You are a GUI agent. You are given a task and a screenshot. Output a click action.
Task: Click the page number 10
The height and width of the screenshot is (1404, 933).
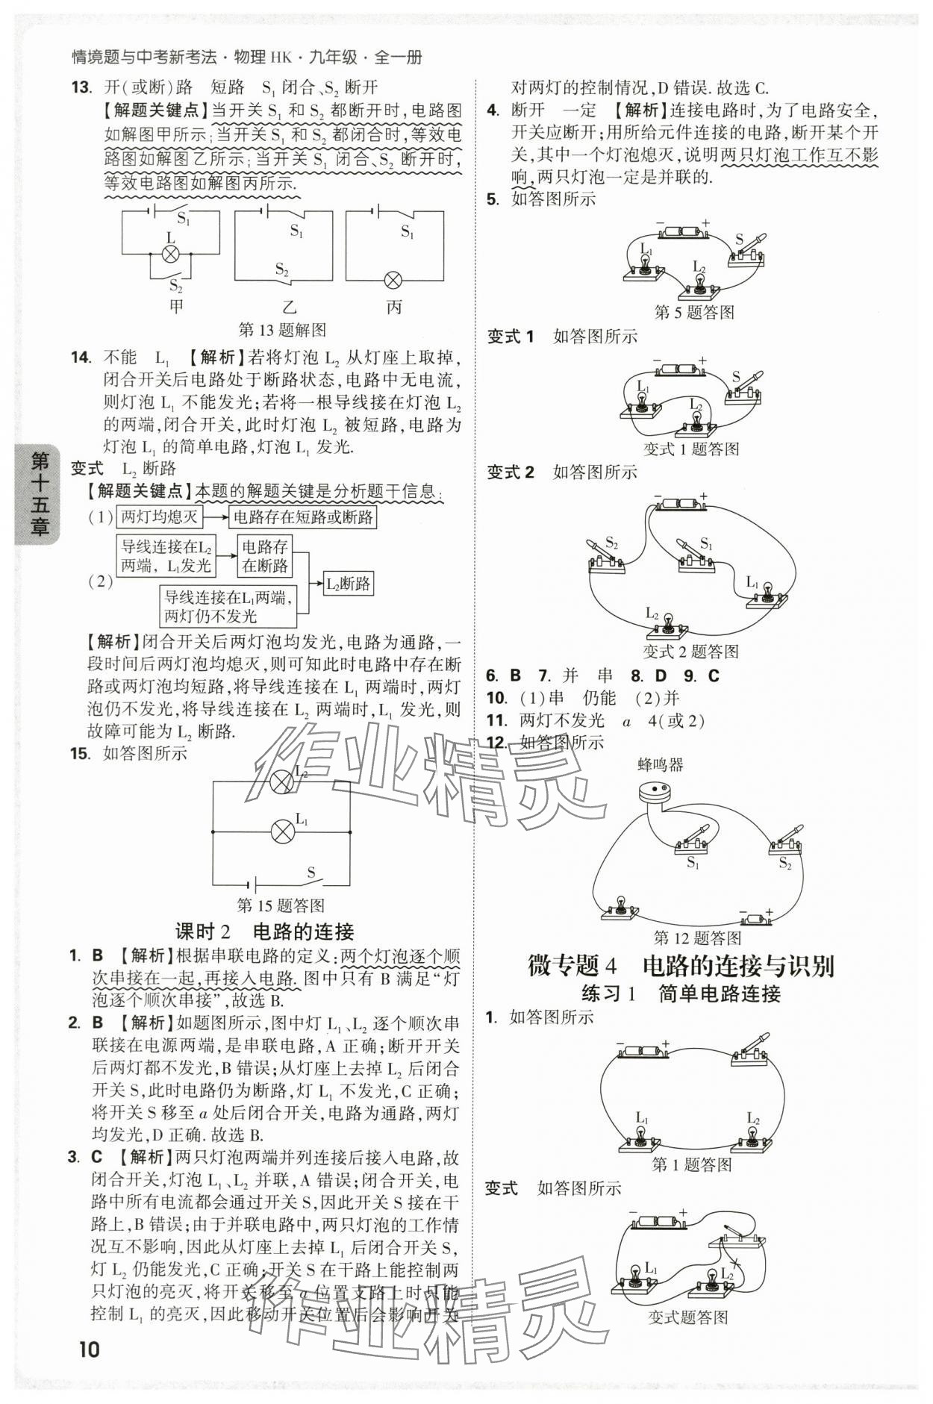tap(88, 1349)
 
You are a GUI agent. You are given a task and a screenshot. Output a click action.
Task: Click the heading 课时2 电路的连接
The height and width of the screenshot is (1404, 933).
tap(264, 931)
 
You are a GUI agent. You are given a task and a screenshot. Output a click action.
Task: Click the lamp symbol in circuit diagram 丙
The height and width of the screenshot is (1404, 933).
tap(393, 281)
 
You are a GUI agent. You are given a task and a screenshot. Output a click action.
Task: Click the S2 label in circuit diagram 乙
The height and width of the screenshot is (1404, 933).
tap(281, 269)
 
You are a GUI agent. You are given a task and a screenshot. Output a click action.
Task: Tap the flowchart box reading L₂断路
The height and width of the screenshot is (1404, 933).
tap(349, 584)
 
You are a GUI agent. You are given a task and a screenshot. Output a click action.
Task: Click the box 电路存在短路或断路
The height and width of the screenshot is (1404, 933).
tap(302, 517)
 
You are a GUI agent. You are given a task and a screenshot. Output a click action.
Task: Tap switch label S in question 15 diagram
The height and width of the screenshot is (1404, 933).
tap(311, 872)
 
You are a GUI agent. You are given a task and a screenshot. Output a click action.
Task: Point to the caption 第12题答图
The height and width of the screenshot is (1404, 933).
tap(696, 937)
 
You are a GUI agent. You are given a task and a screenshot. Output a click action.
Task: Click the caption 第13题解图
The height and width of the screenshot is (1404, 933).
tap(281, 329)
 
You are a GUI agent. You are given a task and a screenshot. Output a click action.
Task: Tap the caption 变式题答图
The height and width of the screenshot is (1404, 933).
tap(687, 1317)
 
